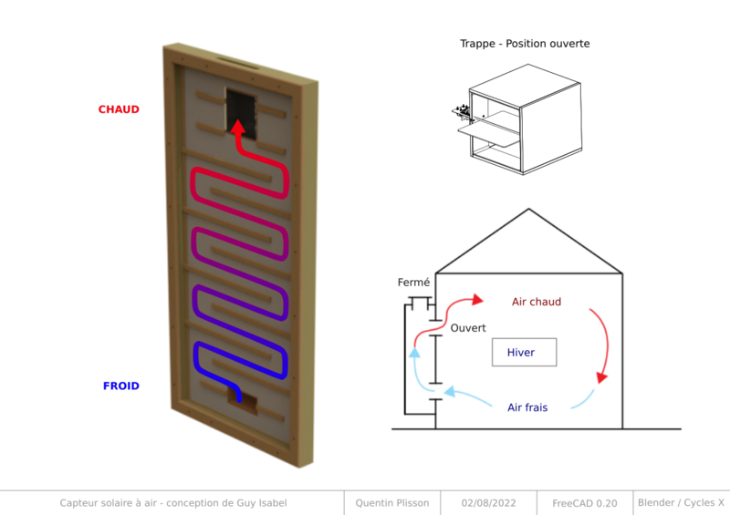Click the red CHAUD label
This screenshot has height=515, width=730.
tap(119, 109)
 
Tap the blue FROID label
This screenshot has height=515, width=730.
tap(121, 386)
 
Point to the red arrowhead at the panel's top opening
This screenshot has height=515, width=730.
tap(238, 127)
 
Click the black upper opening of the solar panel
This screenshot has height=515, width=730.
tap(241, 114)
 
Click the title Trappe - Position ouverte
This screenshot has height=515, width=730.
tap(525, 44)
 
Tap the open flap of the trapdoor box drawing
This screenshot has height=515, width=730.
tap(488, 136)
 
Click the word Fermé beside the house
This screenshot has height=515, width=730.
tap(413, 283)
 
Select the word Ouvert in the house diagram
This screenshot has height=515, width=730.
tap(468, 328)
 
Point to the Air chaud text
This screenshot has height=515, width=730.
tap(537, 302)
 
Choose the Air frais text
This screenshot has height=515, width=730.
tap(527, 407)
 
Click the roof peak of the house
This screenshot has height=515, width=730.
tap(528, 210)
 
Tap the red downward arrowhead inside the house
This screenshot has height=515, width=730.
tap(602, 376)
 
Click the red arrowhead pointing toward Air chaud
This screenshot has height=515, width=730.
tap(477, 300)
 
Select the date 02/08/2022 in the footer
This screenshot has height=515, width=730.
tap(488, 503)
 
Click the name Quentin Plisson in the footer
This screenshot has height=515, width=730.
tap(392, 503)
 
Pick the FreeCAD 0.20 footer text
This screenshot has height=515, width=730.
tap(585, 503)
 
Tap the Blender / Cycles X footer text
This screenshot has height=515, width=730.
tap(681, 502)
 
